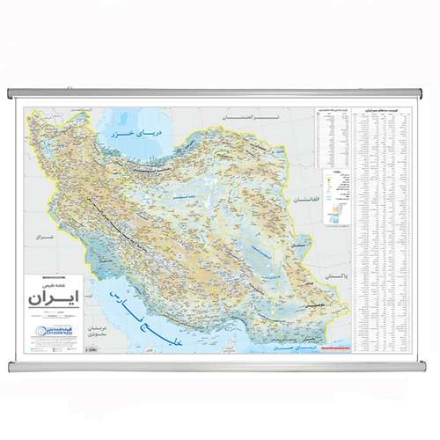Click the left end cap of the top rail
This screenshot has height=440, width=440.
[x=9, y=92]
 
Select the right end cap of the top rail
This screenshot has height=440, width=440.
[x=429, y=92]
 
